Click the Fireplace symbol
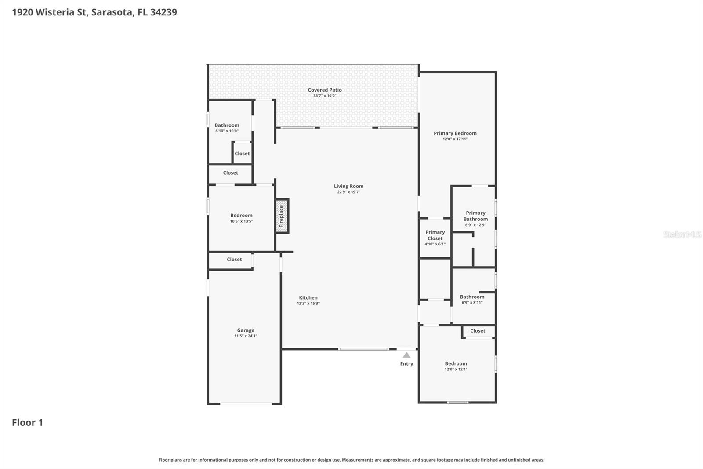pos(282,216)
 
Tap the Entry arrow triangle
pos(406,355)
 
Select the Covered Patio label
pos(325,90)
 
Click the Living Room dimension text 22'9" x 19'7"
pos(348,192)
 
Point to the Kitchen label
pos(308,297)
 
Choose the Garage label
pos(246,330)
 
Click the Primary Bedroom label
pos(455,133)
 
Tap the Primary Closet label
pos(435,235)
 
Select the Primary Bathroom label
pos(475,216)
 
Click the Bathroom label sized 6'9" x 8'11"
pos(472,297)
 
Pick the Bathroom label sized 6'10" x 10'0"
pos(227,125)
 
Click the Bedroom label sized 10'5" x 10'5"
pos(241,216)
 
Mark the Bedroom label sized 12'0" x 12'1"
pos(456,363)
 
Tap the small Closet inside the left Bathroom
pos(242,154)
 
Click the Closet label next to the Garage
pos(234,259)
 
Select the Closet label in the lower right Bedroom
pos(478,331)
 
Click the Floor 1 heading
pos(27,422)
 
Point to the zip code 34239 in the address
pos(163,12)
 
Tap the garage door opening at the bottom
pos(246,403)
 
